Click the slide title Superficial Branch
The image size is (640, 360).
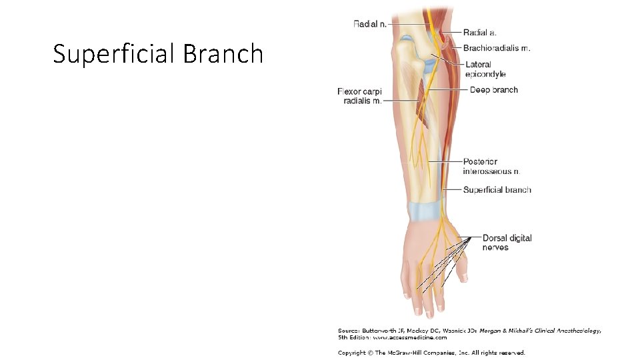coord(158,53)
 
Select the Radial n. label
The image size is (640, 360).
coord(369,24)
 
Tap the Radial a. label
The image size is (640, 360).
coord(479,32)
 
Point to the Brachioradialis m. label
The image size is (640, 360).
coord(497,48)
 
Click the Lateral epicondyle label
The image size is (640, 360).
coord(485,69)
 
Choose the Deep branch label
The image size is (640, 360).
coord(493,90)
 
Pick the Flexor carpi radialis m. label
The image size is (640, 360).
coord(359,96)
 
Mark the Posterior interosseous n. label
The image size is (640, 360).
coord(496,167)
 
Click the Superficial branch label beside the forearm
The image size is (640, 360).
coord(497,190)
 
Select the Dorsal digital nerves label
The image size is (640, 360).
coord(507,243)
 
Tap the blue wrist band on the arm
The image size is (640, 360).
coord(424,212)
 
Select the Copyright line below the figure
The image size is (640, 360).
coord(431,353)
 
